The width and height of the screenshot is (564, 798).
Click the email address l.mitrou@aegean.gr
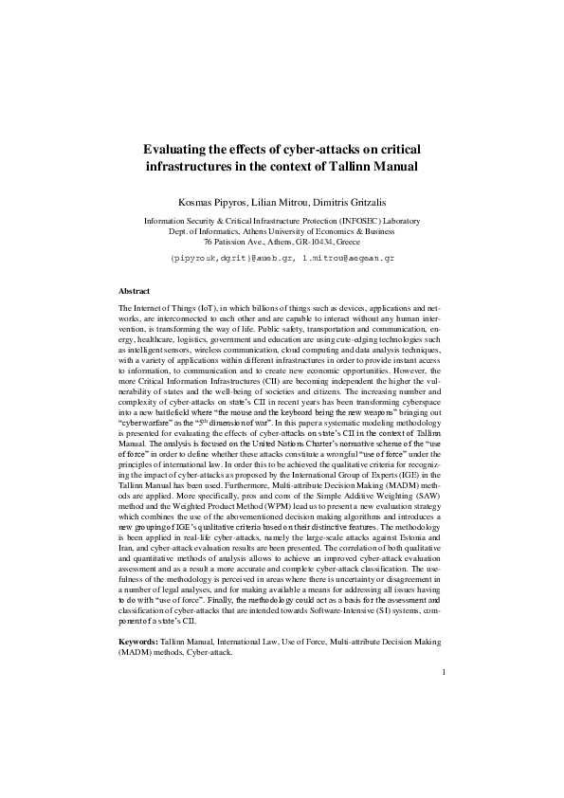click(347, 257)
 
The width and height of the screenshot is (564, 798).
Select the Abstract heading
click(136, 291)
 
